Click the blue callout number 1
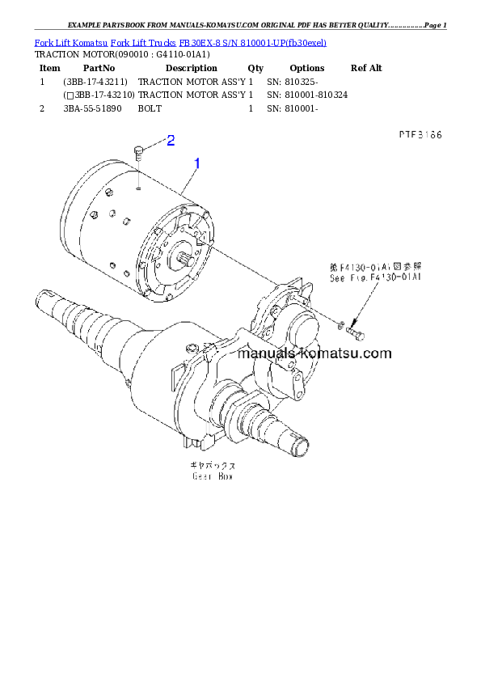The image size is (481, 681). click(x=196, y=163)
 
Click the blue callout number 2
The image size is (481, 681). click(x=171, y=141)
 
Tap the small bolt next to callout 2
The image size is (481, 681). click(x=138, y=150)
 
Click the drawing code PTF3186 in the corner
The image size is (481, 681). click(x=420, y=136)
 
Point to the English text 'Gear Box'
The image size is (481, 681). click(x=213, y=477)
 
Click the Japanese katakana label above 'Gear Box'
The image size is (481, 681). click(x=213, y=467)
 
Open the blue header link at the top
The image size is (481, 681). click(x=180, y=42)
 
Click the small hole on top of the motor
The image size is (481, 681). click(x=139, y=191)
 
